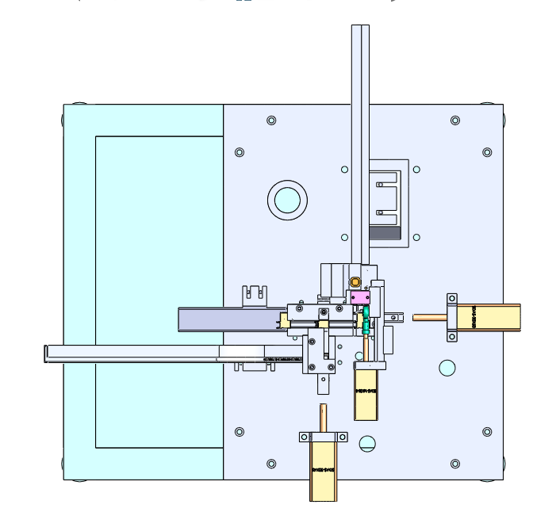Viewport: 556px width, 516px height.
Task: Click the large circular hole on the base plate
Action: click(x=287, y=199)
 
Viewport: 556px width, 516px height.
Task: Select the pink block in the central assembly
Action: click(x=360, y=296)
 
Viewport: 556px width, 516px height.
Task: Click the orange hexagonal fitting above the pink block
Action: click(x=355, y=281)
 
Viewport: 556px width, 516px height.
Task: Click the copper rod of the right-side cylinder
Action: click(x=428, y=318)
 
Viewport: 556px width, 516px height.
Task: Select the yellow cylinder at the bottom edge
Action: click(x=323, y=472)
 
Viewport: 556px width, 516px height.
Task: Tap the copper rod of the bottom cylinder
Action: click(x=323, y=417)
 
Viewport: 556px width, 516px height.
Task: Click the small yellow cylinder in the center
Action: click(x=366, y=392)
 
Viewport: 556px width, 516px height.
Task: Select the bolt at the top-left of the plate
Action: click(x=271, y=120)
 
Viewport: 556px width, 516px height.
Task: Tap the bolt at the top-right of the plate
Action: click(x=455, y=120)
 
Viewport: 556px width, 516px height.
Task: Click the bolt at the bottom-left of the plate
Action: click(x=271, y=464)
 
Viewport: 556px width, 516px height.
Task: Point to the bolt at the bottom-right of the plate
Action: click(x=455, y=464)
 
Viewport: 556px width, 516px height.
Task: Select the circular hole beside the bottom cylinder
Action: click(x=366, y=443)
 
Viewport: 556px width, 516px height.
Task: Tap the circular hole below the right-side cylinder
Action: click(x=447, y=368)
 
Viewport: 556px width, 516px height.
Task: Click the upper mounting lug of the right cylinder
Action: click(x=452, y=299)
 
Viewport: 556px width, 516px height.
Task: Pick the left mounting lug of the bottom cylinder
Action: click(x=305, y=437)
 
